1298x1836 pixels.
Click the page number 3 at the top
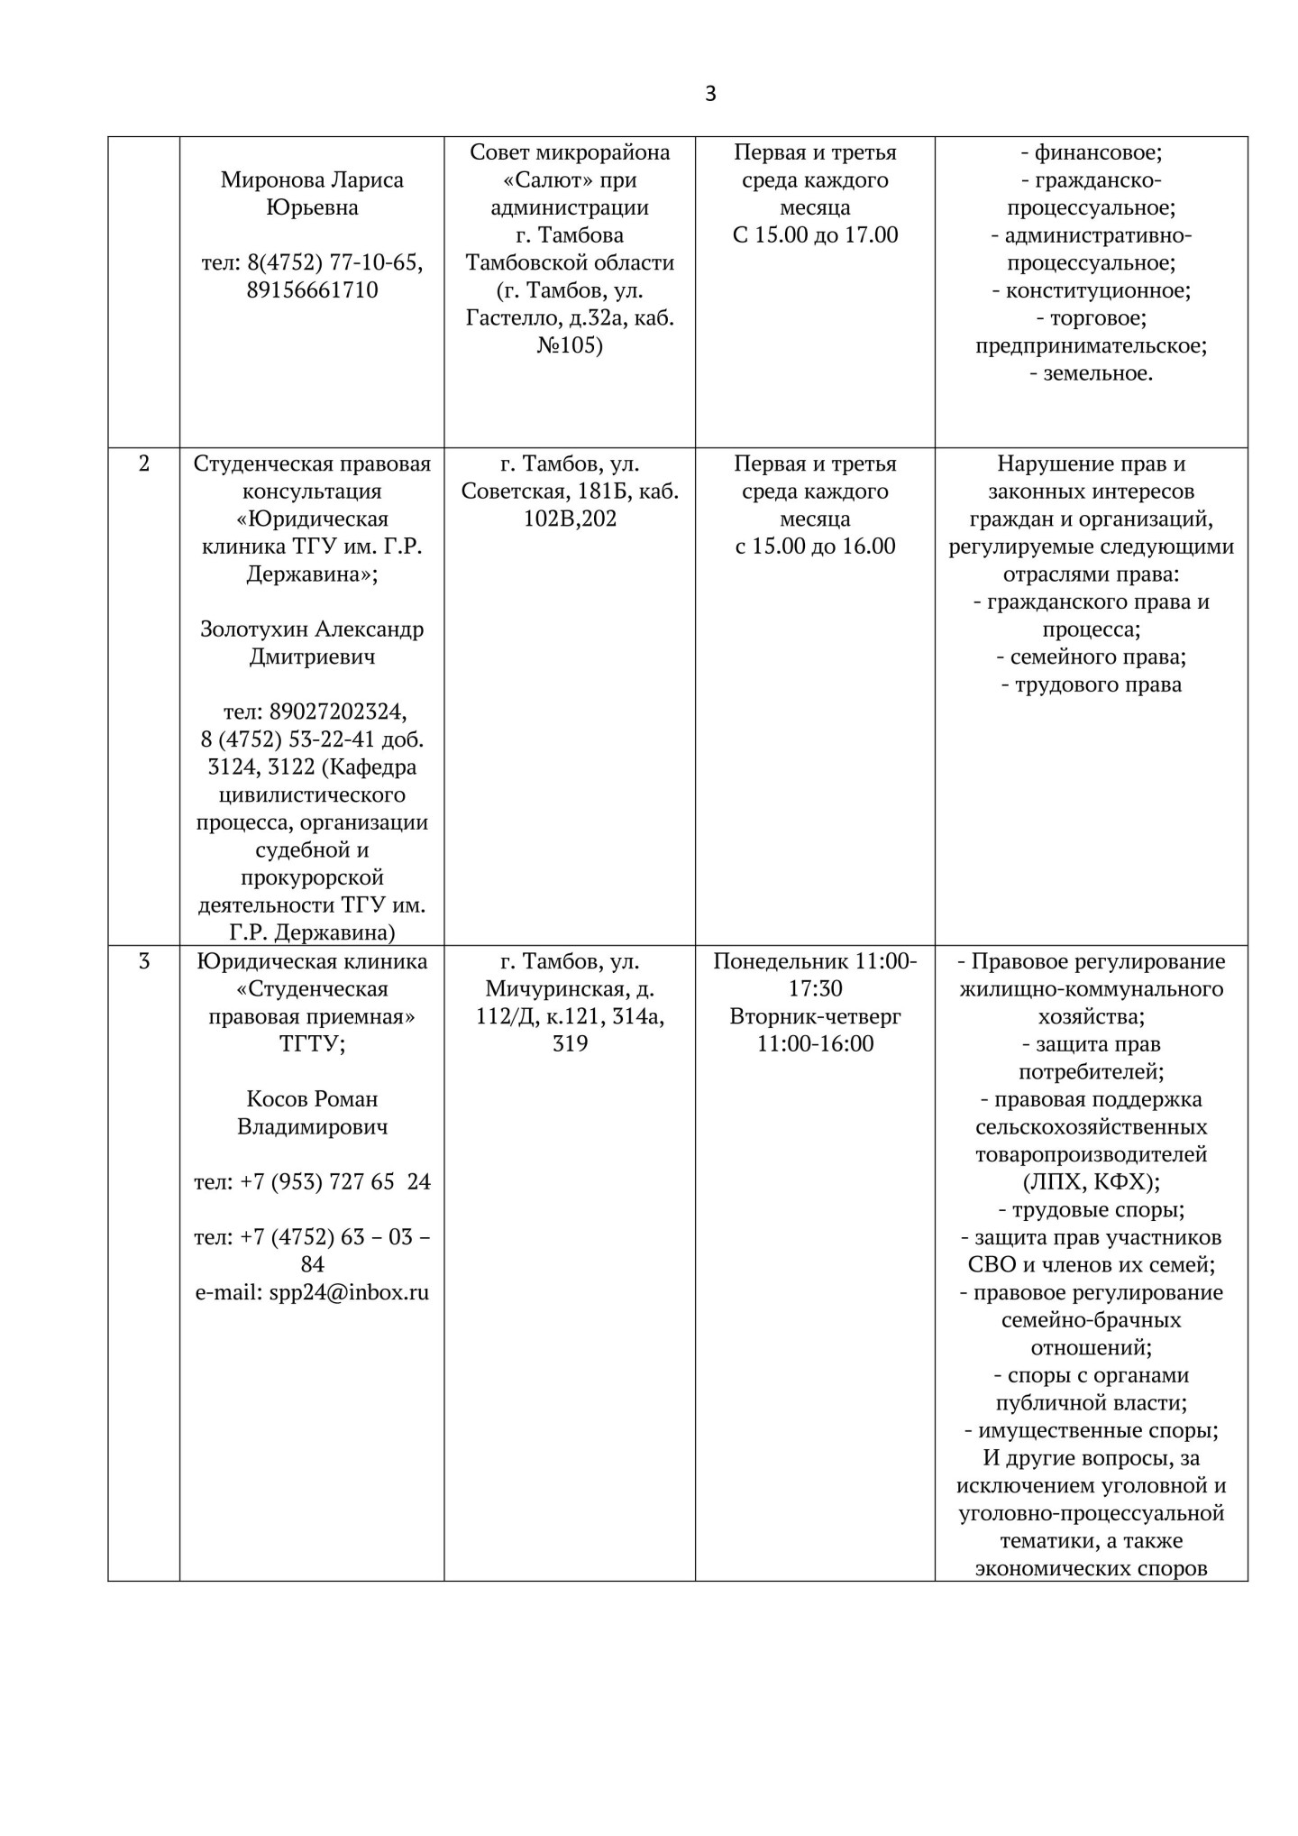click(710, 94)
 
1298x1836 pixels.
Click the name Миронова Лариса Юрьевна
click(312, 194)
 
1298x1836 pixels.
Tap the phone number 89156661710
click(312, 290)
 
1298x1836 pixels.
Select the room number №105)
click(570, 345)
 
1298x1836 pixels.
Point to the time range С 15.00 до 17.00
click(815, 235)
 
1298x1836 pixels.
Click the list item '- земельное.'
click(1091, 373)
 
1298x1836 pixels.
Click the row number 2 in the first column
click(144, 464)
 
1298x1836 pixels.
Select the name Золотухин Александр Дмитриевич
click(312, 643)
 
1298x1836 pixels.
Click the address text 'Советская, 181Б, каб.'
click(570, 491)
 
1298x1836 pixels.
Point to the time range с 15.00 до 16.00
click(815, 546)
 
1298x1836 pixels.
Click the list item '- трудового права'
click(1091, 684)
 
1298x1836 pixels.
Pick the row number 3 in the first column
click(144, 961)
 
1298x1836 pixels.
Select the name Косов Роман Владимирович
click(312, 1113)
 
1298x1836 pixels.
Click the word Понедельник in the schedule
click(781, 961)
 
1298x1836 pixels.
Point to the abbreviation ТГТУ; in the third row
click(312, 1043)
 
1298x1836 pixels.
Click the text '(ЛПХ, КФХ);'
click(1091, 1181)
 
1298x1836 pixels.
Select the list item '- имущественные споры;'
click(1091, 1430)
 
